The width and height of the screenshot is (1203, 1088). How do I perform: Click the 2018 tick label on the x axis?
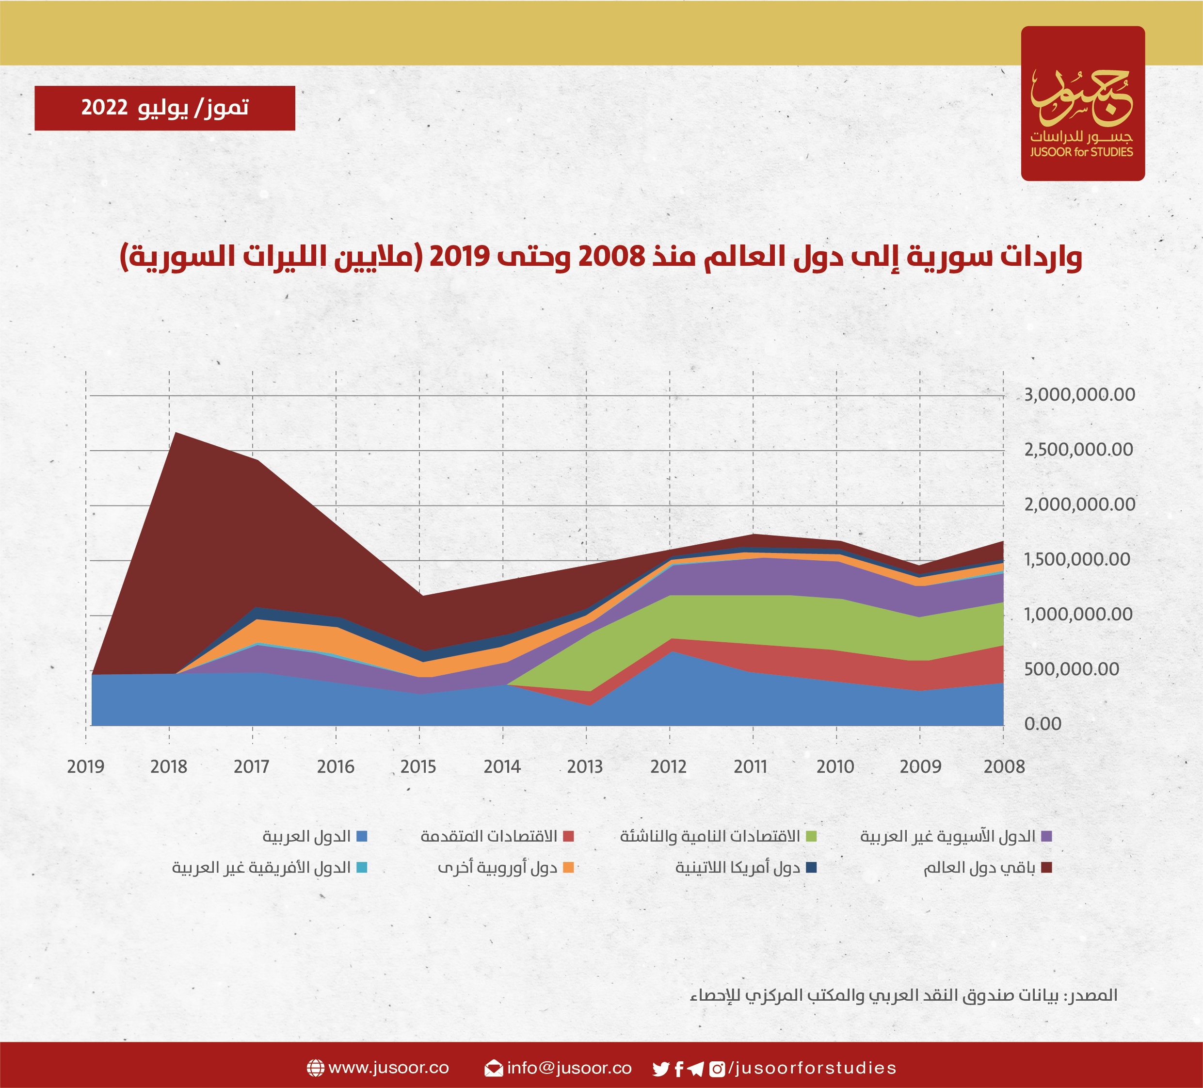pos(169,767)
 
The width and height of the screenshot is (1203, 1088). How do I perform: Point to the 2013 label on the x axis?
pos(585,767)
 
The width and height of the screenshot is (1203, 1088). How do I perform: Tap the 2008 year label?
pos(1004,767)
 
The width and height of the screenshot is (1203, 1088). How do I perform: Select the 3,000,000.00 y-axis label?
pos(1079,394)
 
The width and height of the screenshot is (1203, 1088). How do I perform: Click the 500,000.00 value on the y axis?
pos(1071,669)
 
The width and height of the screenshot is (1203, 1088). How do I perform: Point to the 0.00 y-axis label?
pos(1043,724)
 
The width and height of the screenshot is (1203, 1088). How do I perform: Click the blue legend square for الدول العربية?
pos(362,836)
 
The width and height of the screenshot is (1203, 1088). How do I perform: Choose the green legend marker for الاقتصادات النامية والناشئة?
pos(811,836)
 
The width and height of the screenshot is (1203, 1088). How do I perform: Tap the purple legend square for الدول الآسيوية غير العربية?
pos(1046,836)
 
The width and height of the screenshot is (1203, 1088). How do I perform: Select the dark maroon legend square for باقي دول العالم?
pos(1046,868)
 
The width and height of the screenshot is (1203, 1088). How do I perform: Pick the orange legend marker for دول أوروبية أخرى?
pos(568,868)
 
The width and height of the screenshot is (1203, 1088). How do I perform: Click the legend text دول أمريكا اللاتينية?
pos(737,868)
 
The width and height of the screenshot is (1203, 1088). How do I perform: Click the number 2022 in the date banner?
pos(104,108)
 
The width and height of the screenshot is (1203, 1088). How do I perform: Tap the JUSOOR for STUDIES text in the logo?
pos(1081,152)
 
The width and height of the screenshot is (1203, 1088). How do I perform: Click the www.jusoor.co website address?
pos(388,1068)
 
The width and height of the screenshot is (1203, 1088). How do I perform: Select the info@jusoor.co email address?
pos(569,1068)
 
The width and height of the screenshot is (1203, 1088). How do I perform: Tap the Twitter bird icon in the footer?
pos(660,1068)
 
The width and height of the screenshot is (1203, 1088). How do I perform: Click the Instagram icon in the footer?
pos(717,1068)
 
